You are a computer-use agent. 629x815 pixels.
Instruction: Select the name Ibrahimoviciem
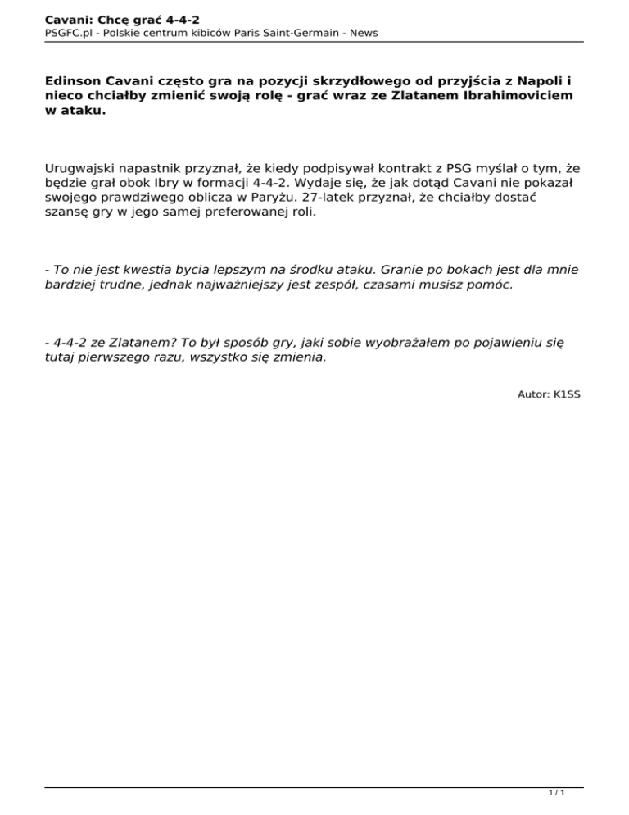(x=513, y=96)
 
